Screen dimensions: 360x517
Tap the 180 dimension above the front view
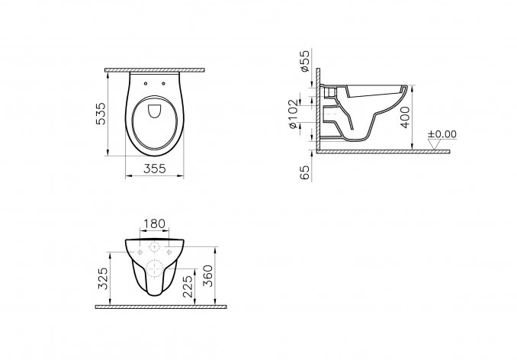154,224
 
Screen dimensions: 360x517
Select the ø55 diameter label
304,60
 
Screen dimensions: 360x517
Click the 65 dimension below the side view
305,172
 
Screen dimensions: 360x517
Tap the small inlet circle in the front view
154,248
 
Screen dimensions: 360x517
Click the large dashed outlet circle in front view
154,268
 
